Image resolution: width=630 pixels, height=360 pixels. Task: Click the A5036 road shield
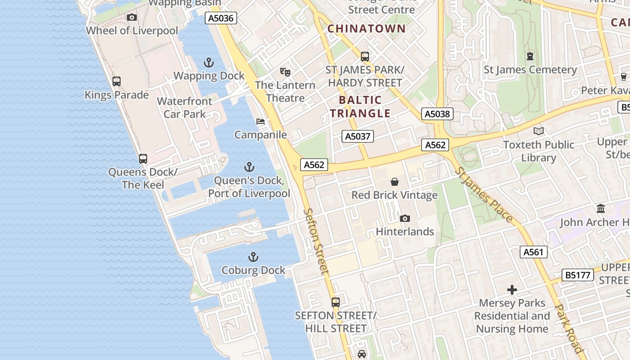[x=221, y=18]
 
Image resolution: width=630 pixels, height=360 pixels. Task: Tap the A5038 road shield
[x=437, y=114]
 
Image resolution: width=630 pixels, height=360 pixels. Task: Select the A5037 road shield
[x=358, y=136]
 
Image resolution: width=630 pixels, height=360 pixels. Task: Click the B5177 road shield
[x=578, y=275]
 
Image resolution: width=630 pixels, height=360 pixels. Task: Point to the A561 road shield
[x=534, y=252]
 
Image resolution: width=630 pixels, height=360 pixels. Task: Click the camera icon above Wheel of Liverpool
[x=132, y=18]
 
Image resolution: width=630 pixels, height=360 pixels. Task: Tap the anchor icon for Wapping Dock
[x=209, y=63]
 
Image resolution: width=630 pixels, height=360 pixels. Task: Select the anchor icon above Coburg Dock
[x=253, y=257]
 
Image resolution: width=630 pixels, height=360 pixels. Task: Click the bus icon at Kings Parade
[x=117, y=81]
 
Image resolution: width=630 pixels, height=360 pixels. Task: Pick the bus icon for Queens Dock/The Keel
[x=143, y=159]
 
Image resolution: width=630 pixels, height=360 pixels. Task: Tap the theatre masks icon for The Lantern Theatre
[x=285, y=72]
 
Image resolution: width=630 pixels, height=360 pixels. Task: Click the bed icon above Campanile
[x=261, y=121]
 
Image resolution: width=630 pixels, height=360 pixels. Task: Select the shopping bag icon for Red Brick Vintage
[x=395, y=182]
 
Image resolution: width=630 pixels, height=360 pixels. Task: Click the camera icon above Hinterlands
[x=405, y=219]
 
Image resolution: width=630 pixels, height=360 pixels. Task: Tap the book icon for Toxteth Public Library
[x=539, y=131]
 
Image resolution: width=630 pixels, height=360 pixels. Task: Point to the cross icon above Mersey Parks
[x=512, y=290]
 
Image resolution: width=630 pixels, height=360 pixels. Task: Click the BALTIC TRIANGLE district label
[x=360, y=107]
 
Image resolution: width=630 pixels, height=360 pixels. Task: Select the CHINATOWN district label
[x=366, y=28]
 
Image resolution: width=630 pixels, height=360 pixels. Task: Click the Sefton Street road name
[x=316, y=241]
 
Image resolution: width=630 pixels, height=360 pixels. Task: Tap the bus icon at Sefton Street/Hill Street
[x=336, y=302]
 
